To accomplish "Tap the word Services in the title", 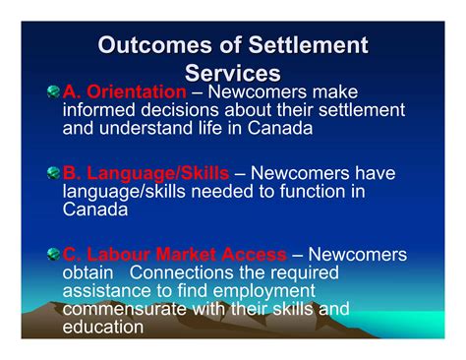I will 233,73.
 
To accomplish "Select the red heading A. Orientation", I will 124,91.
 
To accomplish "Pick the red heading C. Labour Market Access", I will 175,255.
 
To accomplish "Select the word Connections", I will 183,271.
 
